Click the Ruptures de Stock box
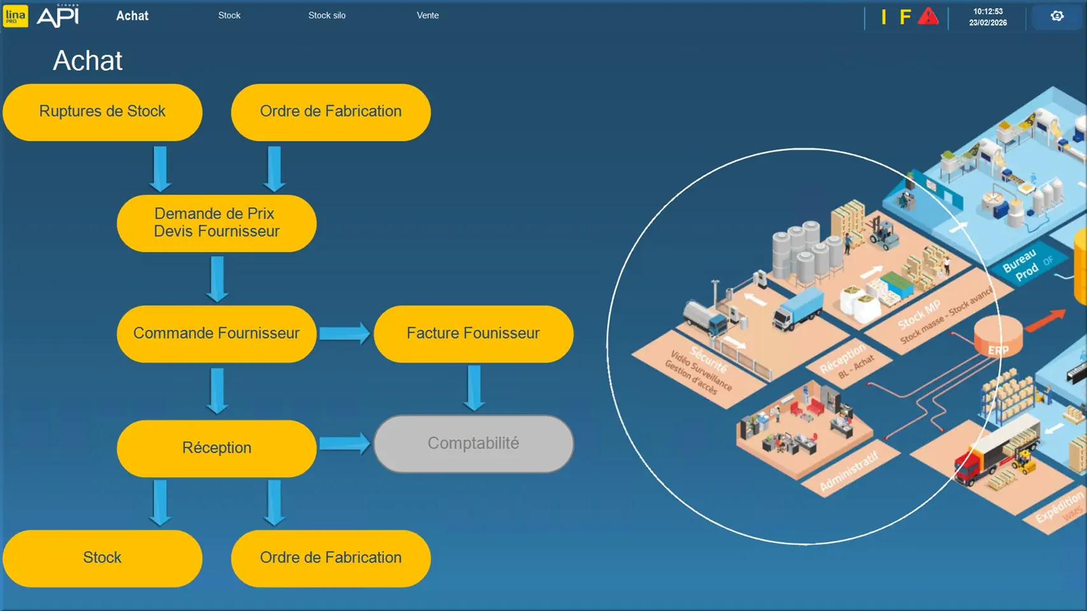(x=103, y=112)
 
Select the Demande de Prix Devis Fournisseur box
(x=217, y=223)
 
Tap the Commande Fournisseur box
(x=217, y=334)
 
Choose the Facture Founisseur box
(x=473, y=334)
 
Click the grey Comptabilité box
(x=473, y=444)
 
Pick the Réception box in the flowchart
(x=217, y=448)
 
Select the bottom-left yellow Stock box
(x=103, y=558)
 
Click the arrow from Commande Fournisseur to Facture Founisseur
(x=345, y=334)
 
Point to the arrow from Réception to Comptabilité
(x=345, y=444)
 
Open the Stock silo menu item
(x=327, y=15)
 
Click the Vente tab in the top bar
(x=427, y=15)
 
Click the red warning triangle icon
(x=928, y=17)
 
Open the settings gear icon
(x=1057, y=16)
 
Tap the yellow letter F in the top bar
(x=905, y=17)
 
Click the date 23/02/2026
(x=988, y=23)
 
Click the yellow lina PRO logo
(x=15, y=16)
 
